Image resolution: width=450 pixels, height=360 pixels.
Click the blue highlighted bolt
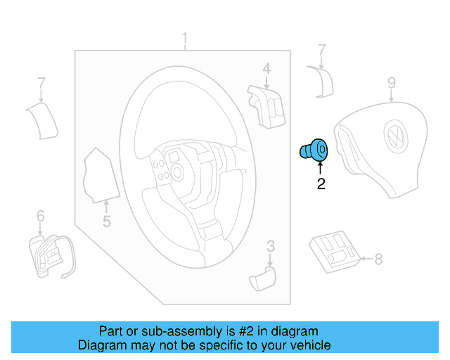coord(314,150)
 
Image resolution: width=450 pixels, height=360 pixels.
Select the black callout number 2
coord(321,185)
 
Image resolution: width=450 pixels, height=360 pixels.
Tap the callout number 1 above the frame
coord(185,38)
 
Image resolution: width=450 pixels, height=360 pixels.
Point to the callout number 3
coord(270,245)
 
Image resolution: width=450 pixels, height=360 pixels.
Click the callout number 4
coord(266,68)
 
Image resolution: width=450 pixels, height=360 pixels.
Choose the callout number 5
coord(106,222)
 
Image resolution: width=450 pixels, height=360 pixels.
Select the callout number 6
coord(40,216)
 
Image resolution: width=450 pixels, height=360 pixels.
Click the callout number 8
coord(378,259)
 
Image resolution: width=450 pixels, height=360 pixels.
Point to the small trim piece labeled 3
coord(263,278)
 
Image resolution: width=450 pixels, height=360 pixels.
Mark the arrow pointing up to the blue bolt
coord(321,168)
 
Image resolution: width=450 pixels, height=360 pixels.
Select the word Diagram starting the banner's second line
coord(101,345)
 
